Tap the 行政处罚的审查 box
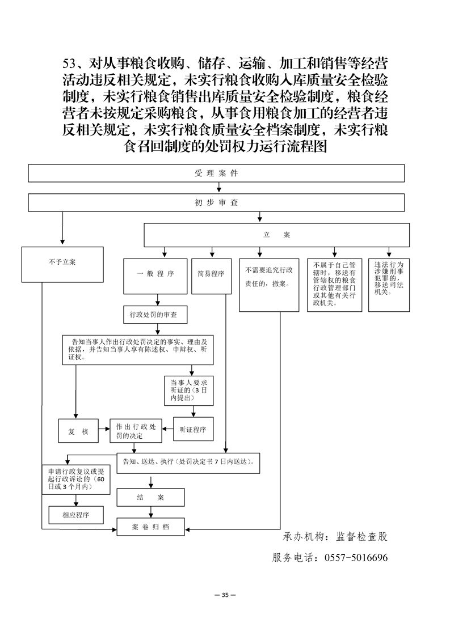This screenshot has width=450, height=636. pyautogui.click(x=155, y=313)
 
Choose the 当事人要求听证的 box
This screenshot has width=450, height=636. pyautogui.click(x=188, y=390)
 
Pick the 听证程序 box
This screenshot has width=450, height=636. pyautogui.click(x=194, y=430)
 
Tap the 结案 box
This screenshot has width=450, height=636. pyautogui.click(x=150, y=497)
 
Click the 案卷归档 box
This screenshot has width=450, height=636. pyautogui.click(x=150, y=527)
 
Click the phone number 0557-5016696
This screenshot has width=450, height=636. pyautogui.click(x=356, y=558)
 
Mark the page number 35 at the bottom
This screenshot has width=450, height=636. pyautogui.click(x=225, y=595)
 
